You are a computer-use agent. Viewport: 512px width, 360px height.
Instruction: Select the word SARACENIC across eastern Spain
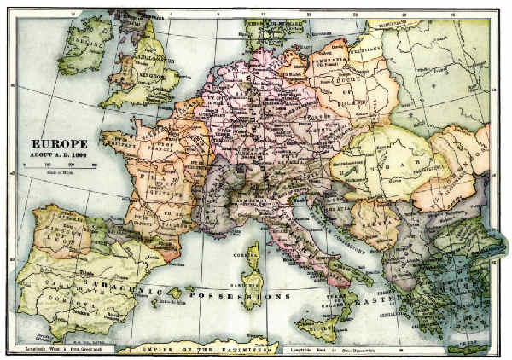pyautogui.click(x=128, y=275)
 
